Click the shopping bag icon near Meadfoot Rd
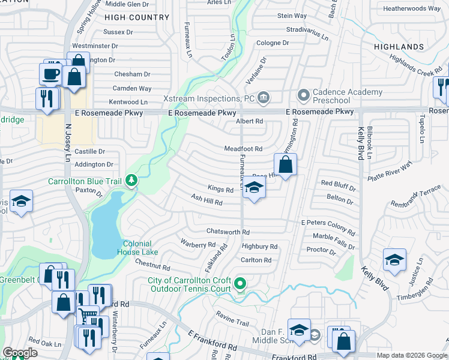pyautogui.click(x=286, y=164)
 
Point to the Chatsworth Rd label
pyautogui.click(x=228, y=232)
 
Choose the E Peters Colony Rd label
pyautogui.click(x=328, y=226)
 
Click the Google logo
pyautogui.click(x=20, y=353)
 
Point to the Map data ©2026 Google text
pyautogui.click(x=412, y=355)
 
